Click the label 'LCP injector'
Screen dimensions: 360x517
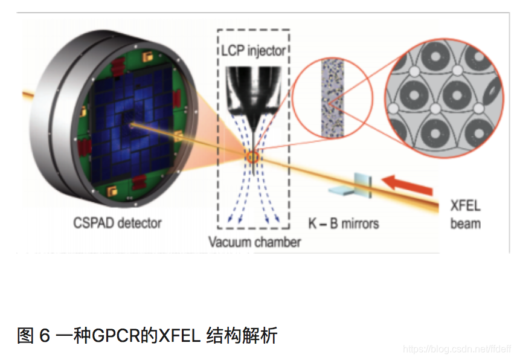point(252,51)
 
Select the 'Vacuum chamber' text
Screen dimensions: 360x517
point(254,242)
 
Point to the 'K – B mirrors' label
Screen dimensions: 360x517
point(344,223)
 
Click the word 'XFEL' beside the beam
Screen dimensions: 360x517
point(466,205)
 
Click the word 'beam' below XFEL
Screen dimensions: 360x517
point(466,223)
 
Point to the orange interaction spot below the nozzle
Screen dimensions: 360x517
point(252,158)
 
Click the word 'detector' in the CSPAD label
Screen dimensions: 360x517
point(140,223)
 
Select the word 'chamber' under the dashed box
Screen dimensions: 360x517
point(277,242)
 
